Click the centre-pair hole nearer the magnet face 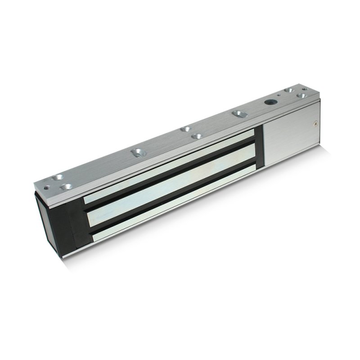197,135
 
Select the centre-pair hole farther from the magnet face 185,129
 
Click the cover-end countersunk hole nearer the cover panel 301,96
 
